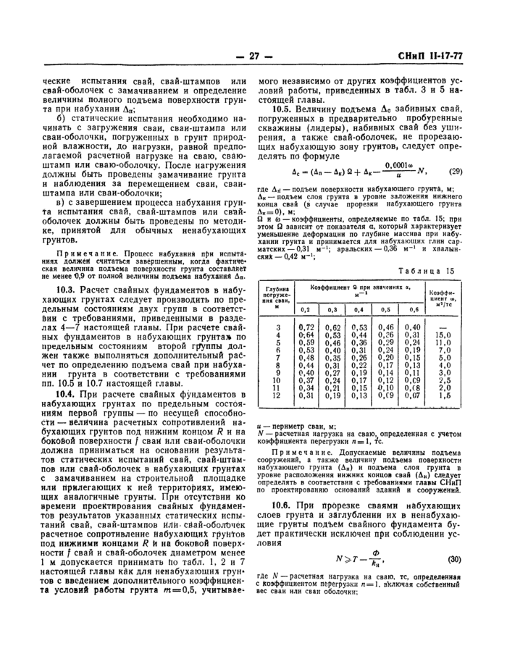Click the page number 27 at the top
point(253,56)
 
